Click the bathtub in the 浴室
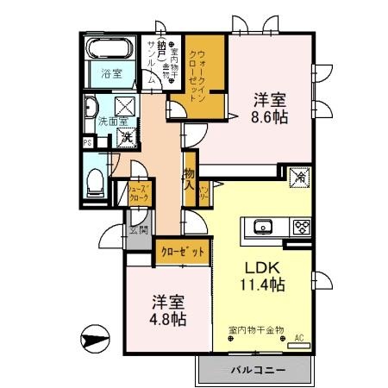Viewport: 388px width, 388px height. click(111, 48)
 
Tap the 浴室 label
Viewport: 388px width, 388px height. click(111, 74)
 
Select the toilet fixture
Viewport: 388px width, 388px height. click(96, 181)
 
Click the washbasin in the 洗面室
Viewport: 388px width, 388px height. click(91, 110)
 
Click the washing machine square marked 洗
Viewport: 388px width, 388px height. click(125, 135)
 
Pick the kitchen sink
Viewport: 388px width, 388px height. click(263, 228)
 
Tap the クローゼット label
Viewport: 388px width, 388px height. click(183, 252)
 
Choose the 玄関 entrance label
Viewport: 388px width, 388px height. click(138, 230)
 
